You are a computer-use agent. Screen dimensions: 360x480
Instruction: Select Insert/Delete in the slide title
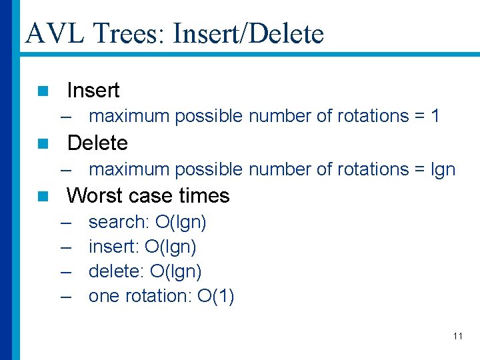coord(248,33)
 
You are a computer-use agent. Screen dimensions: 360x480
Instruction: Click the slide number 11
coord(457,336)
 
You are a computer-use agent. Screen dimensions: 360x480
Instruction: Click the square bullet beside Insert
coord(43,91)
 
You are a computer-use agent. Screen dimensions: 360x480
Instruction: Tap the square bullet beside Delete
coord(43,143)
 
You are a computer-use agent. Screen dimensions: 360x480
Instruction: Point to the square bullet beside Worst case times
coord(43,196)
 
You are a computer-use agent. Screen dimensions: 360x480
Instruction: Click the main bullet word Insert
coord(93,90)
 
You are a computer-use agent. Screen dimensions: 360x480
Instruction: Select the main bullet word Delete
coord(97,143)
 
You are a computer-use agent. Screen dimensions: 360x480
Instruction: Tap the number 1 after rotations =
coord(435,116)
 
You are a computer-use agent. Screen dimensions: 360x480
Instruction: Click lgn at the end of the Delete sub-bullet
coord(443,169)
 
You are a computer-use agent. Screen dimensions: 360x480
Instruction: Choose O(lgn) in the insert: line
coord(170,247)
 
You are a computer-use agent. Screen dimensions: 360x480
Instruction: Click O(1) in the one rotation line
coord(215,296)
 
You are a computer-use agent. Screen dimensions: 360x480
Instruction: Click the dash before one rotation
coord(65,296)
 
